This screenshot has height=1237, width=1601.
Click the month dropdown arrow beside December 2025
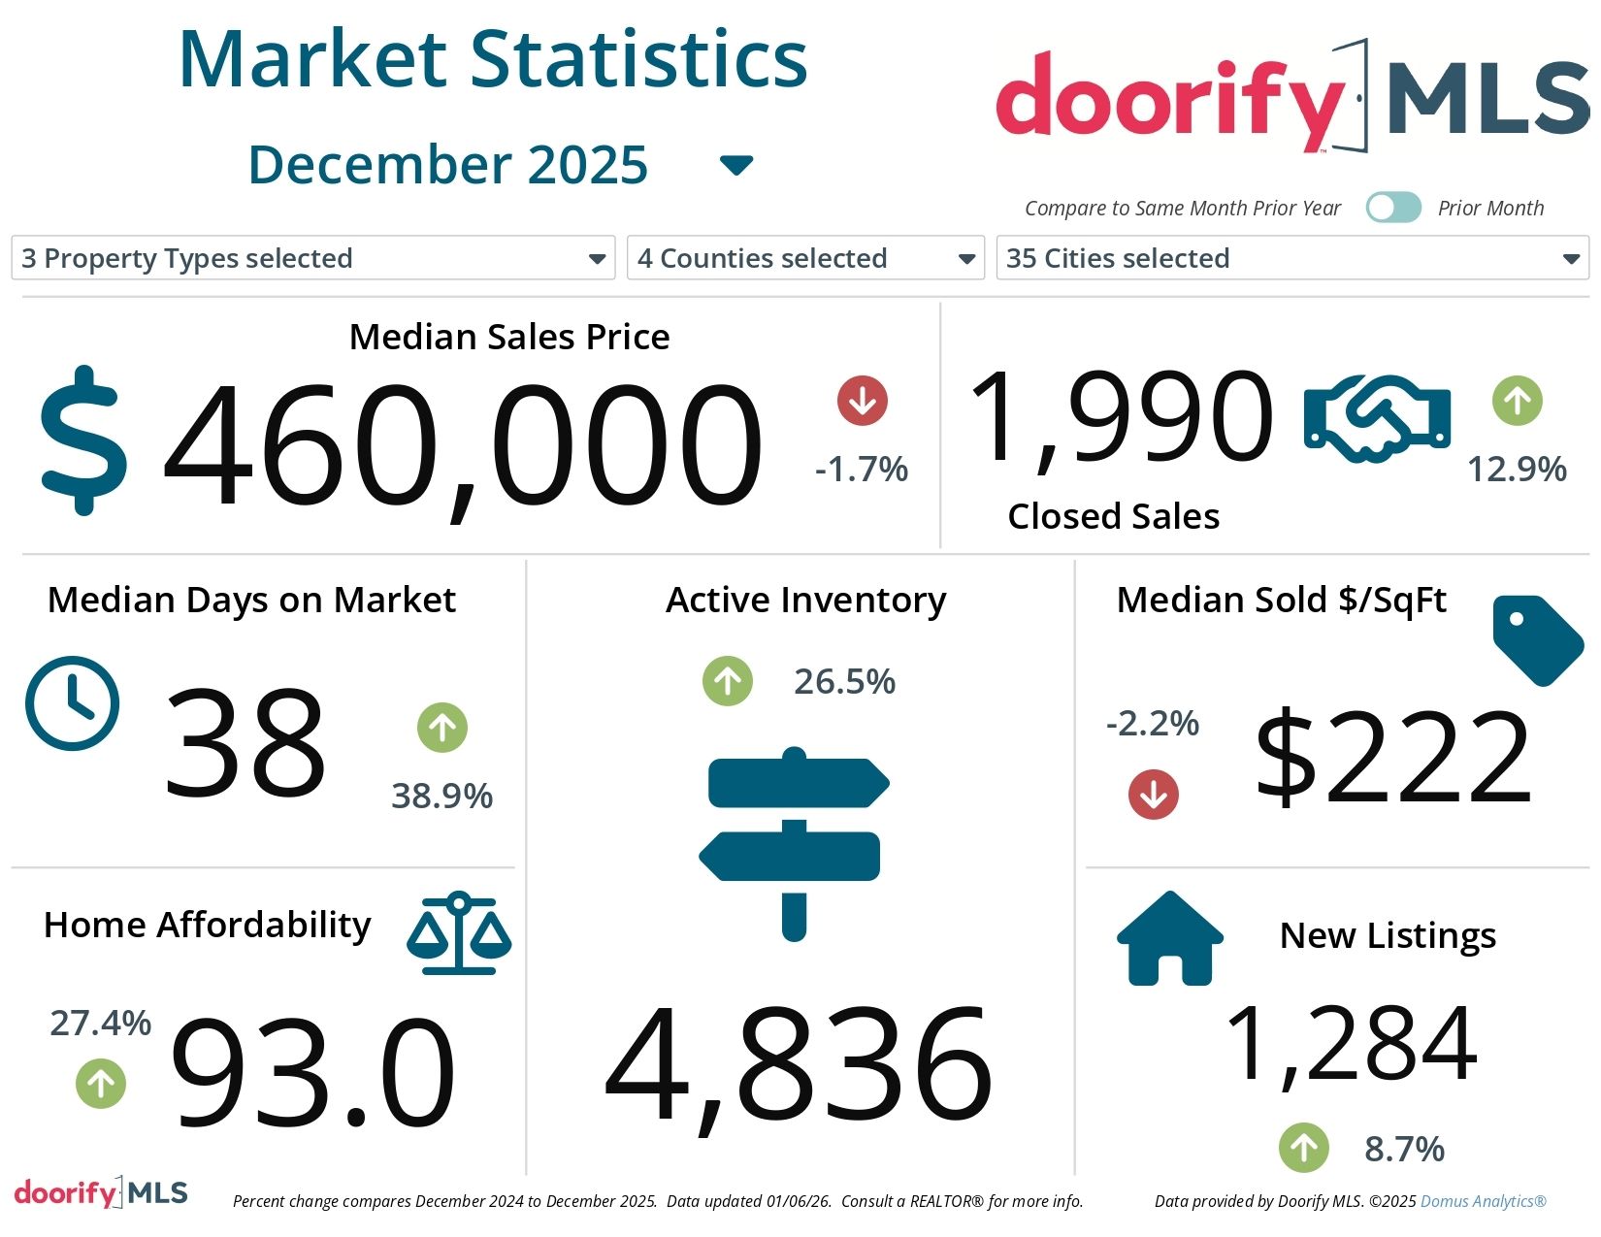[736, 166]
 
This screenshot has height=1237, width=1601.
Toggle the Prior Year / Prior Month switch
[1392, 208]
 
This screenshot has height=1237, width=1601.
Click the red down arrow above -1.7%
[862, 400]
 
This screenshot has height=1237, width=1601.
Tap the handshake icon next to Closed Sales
[1377, 417]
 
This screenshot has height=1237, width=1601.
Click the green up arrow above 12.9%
[1517, 400]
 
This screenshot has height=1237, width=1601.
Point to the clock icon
[72, 702]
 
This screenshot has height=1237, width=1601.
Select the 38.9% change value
[441, 796]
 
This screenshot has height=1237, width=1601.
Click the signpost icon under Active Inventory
[794, 842]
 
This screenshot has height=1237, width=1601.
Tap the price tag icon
[1537, 639]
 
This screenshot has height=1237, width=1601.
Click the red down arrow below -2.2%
[1153, 795]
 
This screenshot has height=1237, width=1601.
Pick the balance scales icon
[459, 933]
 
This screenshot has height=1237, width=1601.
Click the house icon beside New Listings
[1169, 939]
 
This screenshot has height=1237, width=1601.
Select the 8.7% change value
[1404, 1149]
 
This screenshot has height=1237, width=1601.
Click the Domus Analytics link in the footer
[1483, 1201]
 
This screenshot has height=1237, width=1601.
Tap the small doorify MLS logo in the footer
[101, 1192]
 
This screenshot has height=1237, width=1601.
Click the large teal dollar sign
[83, 439]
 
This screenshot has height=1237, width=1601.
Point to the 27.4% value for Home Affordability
[100, 1023]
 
